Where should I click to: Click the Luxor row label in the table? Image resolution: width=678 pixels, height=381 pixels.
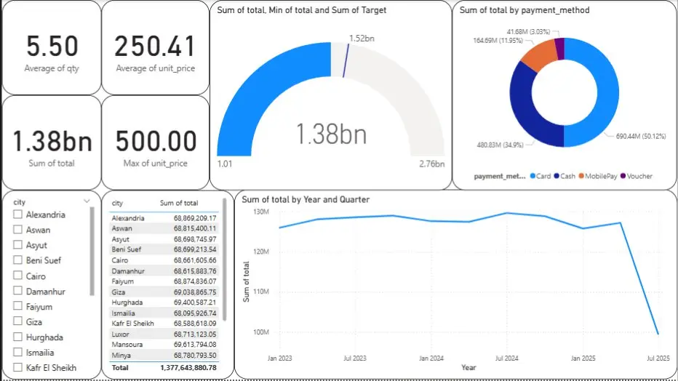click(121, 334)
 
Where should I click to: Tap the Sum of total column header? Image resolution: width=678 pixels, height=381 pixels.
click(178, 203)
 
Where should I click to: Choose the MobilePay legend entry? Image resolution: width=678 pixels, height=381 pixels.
click(596, 176)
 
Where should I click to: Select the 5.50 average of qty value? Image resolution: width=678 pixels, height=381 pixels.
click(52, 47)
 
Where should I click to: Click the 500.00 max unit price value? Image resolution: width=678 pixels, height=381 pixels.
click(156, 141)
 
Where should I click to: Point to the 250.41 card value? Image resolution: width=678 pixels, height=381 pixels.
click(156, 47)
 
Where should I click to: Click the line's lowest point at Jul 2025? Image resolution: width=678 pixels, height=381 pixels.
click(657, 334)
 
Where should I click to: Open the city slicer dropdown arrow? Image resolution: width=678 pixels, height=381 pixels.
click(87, 201)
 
